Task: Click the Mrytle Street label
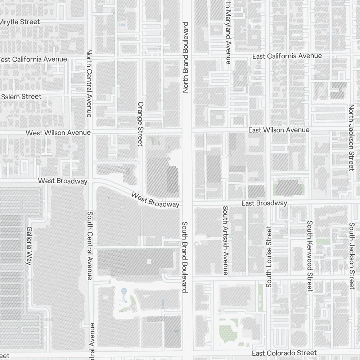pos(20,22)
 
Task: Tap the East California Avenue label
pos(287,56)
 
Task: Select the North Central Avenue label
pos(89,83)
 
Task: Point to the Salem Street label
pos(22,96)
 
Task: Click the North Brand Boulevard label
pos(186,58)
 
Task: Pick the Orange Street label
pos(140,123)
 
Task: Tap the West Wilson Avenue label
pos(58,133)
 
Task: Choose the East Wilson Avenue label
pos(279,130)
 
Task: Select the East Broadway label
pos(264,203)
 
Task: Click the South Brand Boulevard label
pos(185,257)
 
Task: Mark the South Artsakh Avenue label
pos(226,240)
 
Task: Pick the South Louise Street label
pos(269,257)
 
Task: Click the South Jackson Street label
pos(352,256)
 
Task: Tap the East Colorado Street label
pos(284,353)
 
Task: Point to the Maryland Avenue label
pos(228,32)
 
